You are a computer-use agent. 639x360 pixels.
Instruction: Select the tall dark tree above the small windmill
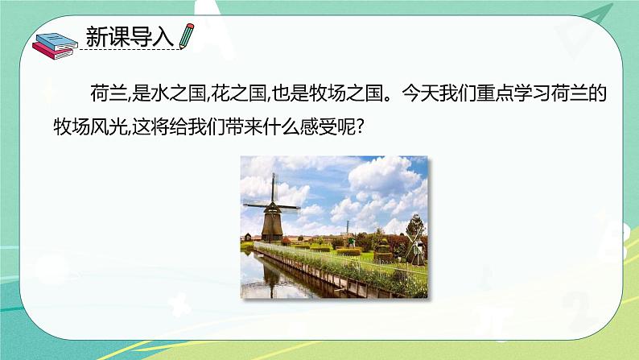tap(415, 223)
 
